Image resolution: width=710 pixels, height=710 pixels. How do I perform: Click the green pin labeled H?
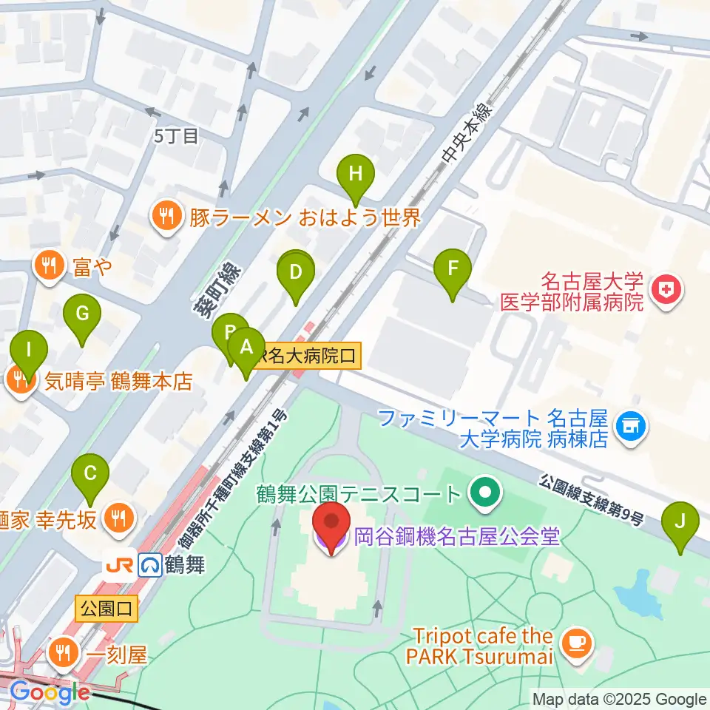tap(356, 176)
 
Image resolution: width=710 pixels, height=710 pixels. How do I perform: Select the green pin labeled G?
tap(82, 315)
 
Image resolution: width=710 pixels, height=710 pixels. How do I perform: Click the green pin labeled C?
tap(90, 473)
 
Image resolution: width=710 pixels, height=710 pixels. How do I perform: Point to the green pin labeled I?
tap(29, 349)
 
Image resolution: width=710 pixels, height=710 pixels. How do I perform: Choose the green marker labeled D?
tap(295, 273)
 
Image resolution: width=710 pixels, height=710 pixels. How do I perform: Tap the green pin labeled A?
tap(246, 347)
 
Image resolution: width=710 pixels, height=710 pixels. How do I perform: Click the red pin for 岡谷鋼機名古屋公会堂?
tap(330, 525)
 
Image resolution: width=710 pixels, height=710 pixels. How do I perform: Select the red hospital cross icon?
tap(666, 291)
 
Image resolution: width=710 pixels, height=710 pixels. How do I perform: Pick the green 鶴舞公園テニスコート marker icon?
tap(485, 491)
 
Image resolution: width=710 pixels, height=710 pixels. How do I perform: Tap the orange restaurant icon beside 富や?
tap(50, 265)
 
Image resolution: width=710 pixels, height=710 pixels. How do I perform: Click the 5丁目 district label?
tap(176, 136)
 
